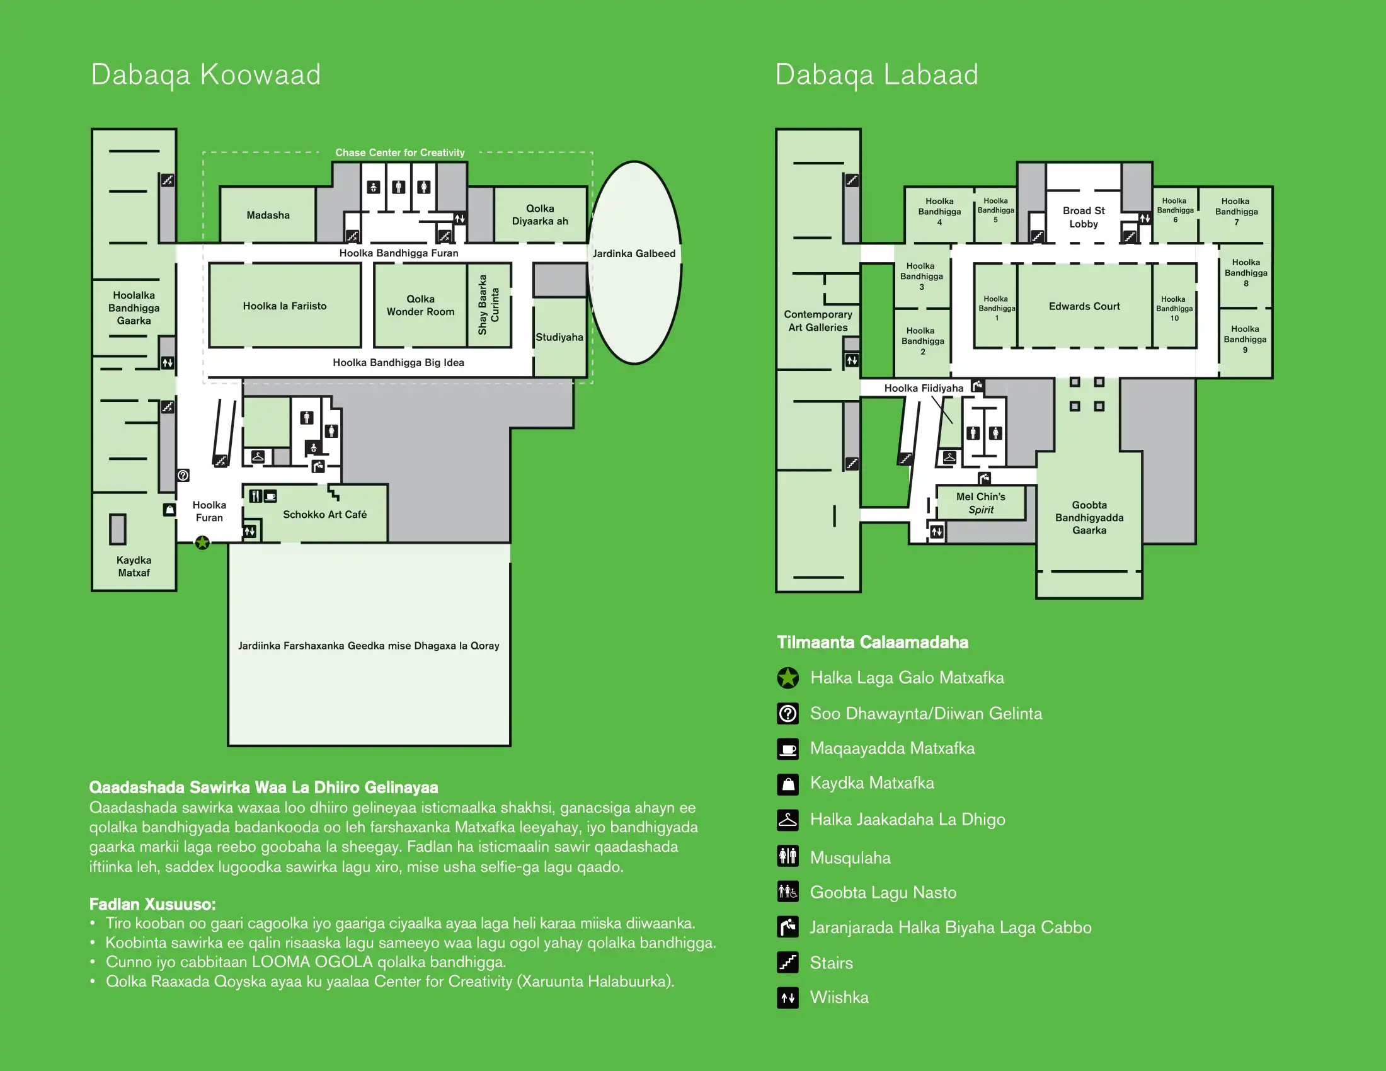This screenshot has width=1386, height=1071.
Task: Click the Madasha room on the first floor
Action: click(268, 215)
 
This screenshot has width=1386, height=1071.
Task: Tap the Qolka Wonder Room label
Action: click(420, 305)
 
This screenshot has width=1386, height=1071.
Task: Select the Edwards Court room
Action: click(1084, 306)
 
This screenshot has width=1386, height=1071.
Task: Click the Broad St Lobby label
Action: click(1084, 217)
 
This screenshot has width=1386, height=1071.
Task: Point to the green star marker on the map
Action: click(202, 542)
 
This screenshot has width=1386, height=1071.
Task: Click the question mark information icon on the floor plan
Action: click(183, 475)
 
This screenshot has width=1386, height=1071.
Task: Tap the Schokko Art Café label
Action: click(324, 515)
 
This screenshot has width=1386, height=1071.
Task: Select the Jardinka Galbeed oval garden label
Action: click(633, 254)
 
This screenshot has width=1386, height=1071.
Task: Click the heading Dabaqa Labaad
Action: click(876, 75)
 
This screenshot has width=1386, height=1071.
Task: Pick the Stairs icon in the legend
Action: click(787, 963)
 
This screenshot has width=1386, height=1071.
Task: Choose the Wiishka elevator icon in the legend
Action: click(787, 997)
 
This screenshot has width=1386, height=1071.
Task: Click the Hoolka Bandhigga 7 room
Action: click(1235, 212)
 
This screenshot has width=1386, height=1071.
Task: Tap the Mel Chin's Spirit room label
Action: click(980, 503)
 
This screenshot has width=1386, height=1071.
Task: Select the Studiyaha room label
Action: click(559, 337)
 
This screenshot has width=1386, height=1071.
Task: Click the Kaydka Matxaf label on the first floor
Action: click(134, 566)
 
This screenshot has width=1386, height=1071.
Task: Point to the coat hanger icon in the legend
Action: click(787, 820)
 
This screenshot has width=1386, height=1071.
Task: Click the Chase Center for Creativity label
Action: click(400, 153)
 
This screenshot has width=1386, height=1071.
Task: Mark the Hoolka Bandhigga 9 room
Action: click(1244, 339)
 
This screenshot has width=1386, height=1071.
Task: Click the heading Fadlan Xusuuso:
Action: click(152, 904)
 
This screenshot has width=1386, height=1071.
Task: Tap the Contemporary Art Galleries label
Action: click(817, 321)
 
